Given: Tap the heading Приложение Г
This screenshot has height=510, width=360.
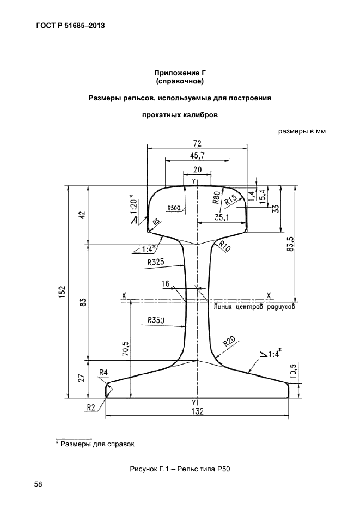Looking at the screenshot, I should point(180,72).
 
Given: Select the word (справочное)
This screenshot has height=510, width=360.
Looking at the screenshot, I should point(180,82).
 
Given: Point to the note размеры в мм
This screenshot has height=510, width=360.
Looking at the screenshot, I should point(302,131).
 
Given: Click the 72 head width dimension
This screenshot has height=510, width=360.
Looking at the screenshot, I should point(197,143).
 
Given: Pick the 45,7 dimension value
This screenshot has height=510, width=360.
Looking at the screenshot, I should point(197,156).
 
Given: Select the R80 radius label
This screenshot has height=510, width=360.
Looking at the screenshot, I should point(217,197).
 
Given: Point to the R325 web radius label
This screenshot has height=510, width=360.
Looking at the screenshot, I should point(156,262).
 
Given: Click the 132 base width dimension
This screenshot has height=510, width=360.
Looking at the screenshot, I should point(197,411).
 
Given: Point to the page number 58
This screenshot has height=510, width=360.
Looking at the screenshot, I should point(39,484).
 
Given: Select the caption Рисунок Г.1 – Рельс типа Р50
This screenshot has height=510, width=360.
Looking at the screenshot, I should point(180,470).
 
